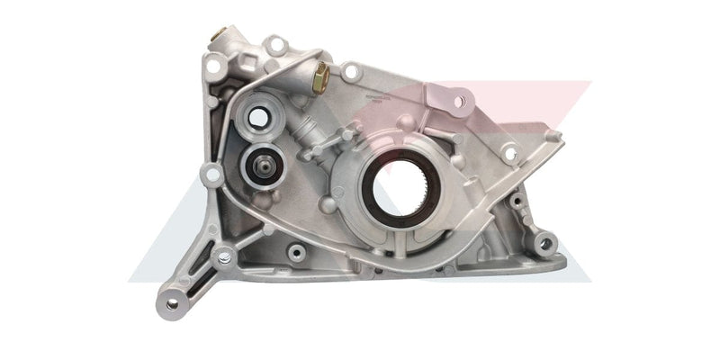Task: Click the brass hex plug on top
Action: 319,82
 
